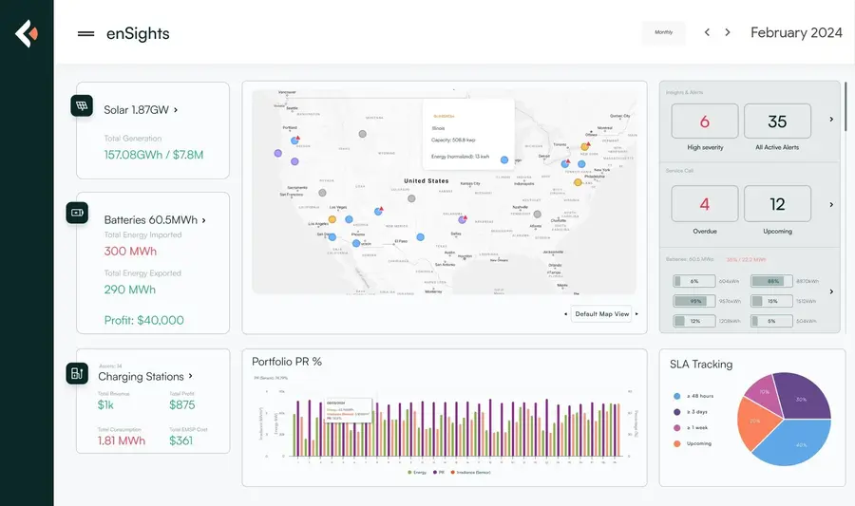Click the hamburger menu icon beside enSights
pos(85,33)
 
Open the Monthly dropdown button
pos(663,32)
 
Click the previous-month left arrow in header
pos(707,32)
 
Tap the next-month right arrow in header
pos(728,32)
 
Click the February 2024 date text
pos(796,32)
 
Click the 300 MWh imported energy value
pos(130,252)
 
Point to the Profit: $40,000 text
pos(143,320)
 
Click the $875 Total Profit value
pos(182,404)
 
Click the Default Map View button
pos(601,313)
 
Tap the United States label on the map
pos(426,180)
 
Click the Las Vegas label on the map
pos(338,207)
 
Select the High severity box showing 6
pos(704,122)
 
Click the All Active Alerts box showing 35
pos(777,122)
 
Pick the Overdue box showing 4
pos(704,204)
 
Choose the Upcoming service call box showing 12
pos(777,204)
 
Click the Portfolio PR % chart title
pos(286,362)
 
